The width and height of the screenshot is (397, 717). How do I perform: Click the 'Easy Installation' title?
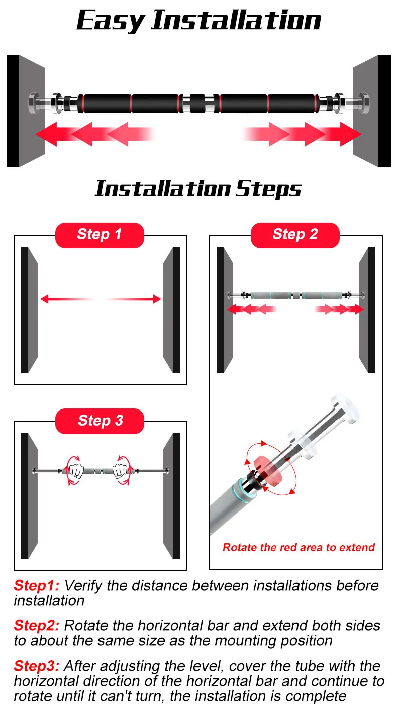[198, 21]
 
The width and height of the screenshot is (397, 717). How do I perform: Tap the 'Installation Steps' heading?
[198, 189]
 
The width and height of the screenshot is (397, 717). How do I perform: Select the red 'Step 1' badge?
[100, 235]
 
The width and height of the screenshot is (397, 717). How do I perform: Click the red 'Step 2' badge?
[295, 235]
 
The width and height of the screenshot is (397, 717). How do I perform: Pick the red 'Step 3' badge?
[100, 421]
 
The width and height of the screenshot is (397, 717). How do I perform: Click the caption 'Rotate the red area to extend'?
[299, 547]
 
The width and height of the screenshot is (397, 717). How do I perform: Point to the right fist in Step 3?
[121, 470]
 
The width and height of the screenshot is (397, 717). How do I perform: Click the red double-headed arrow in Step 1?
[101, 299]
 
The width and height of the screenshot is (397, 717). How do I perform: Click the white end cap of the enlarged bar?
[345, 409]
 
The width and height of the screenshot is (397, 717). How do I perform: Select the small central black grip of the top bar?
[197, 104]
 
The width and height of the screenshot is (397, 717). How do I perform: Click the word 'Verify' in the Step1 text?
[83, 586]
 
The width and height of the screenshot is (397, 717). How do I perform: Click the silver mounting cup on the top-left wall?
[33, 103]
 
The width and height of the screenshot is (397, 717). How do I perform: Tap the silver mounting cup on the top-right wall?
[364, 103]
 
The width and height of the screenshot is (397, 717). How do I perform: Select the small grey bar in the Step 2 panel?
[296, 295]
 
